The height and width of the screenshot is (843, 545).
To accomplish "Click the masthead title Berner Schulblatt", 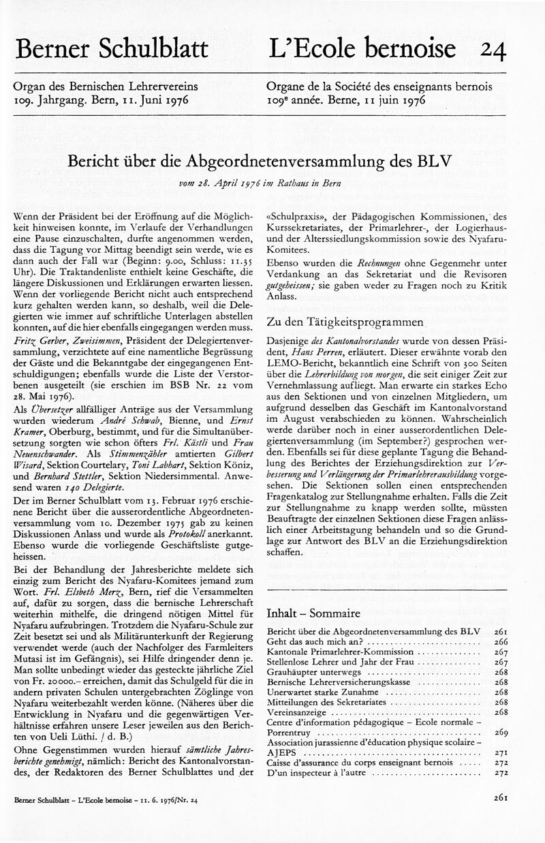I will coord(112,50).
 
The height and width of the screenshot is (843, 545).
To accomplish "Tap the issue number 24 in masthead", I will coord(493,50).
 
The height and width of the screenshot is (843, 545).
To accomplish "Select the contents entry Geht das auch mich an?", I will coord(317,642).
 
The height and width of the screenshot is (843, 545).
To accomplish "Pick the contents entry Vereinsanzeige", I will coord(297,711).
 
